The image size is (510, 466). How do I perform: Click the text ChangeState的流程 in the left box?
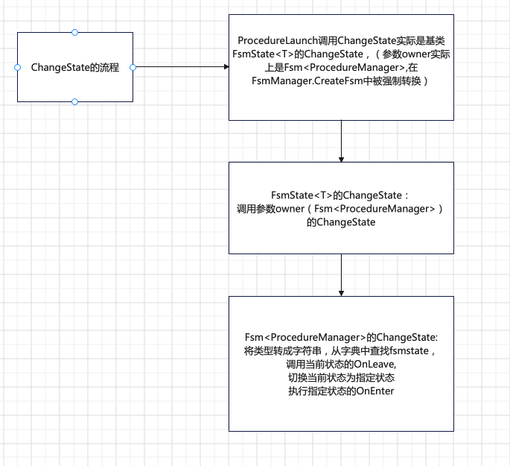75,67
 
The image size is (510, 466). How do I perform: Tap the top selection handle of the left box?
74,33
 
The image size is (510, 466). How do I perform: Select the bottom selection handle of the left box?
74,101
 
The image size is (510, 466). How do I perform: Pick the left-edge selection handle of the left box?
17,67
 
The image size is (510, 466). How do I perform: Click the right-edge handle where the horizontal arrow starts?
133,67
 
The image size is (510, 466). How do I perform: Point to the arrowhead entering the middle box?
341,159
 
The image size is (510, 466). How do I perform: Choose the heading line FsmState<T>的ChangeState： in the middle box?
340,195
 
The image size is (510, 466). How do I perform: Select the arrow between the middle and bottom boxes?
341,273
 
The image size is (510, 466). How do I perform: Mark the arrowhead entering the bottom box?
341,292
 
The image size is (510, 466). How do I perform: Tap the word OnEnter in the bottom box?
375,391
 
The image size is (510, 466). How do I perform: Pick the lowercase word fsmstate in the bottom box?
412,350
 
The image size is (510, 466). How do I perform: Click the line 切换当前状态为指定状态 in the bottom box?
340,377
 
